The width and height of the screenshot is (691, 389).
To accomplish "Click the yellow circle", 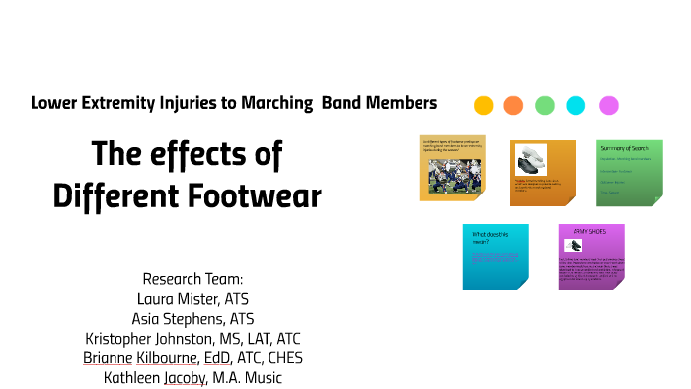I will click(483, 105).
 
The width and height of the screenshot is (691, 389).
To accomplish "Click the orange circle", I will click(513, 105).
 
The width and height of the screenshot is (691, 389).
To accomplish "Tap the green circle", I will click(545, 105).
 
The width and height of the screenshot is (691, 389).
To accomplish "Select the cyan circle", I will click(576, 105).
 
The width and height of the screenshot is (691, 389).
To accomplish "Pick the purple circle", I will click(608, 105).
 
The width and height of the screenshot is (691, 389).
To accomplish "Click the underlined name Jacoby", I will click(176, 378).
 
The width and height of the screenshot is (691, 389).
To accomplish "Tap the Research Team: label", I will click(192, 279).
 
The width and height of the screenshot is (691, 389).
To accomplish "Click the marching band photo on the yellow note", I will click(452, 176).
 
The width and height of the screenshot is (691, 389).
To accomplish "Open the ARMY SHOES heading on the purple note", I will click(589, 232).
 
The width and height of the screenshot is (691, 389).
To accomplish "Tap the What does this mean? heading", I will click(491, 238).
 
